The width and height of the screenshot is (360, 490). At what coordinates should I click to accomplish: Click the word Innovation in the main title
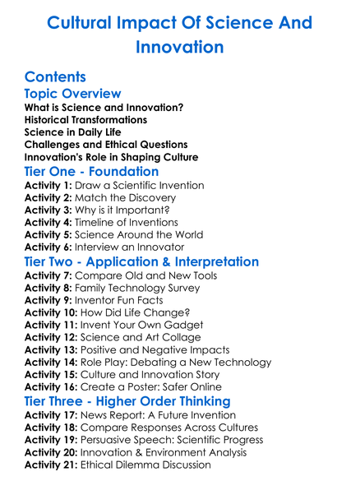[x=180, y=47]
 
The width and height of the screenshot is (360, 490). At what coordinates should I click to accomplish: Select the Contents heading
[x=55, y=77]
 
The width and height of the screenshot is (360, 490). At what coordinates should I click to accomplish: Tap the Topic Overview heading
[x=72, y=94]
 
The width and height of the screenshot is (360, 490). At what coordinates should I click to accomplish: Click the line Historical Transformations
[x=85, y=119]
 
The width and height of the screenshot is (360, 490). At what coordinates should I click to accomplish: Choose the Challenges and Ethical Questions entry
[x=105, y=144]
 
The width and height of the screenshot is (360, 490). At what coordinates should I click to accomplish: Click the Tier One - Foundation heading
[x=91, y=172]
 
